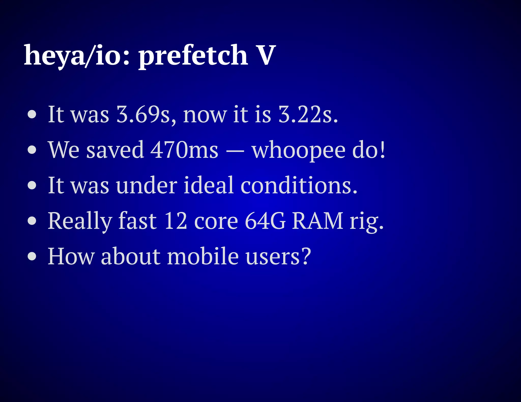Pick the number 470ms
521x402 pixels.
(184, 150)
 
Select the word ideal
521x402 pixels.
(208, 185)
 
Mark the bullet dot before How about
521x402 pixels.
(32, 257)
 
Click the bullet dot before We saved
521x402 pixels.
(32, 150)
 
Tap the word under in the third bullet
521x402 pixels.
(147, 185)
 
